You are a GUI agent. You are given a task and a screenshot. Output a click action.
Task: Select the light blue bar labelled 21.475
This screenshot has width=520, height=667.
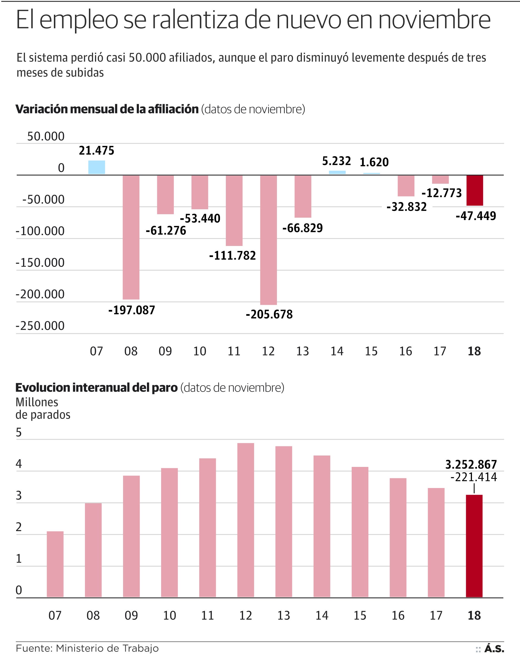96,167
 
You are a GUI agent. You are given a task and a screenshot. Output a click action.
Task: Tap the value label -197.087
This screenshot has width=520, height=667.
132,310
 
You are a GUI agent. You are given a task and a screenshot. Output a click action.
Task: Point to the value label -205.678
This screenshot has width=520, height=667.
269,315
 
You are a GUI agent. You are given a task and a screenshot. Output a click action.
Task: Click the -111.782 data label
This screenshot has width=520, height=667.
232,255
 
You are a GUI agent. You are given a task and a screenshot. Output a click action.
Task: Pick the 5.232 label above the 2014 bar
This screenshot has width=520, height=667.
337,161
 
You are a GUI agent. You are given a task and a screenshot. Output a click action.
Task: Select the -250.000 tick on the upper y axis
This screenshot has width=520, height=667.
40,326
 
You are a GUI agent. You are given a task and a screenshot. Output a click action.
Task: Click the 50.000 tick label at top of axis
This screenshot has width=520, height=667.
46,136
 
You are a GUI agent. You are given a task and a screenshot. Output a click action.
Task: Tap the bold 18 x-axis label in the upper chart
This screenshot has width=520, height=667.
474,351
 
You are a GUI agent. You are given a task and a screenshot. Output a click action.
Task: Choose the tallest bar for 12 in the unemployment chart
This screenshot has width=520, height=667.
245,520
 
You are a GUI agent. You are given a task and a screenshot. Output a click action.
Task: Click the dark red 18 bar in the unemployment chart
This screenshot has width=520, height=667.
474,546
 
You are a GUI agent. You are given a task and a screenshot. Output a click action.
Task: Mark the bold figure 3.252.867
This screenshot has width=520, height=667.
471,464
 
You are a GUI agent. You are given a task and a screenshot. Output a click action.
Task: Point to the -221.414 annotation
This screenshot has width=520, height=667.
474,477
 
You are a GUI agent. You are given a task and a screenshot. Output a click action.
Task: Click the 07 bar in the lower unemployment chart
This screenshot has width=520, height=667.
55,564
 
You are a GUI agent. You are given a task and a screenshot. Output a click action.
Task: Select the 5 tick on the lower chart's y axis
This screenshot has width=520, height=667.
19,432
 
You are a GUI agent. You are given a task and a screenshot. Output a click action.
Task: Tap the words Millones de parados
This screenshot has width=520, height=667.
43,409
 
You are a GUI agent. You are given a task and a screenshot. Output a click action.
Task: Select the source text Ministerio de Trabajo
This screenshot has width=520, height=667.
107,648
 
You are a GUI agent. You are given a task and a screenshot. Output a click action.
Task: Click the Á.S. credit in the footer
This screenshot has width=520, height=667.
494,649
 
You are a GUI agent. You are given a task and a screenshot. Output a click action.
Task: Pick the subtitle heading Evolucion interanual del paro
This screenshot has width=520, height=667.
96,388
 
